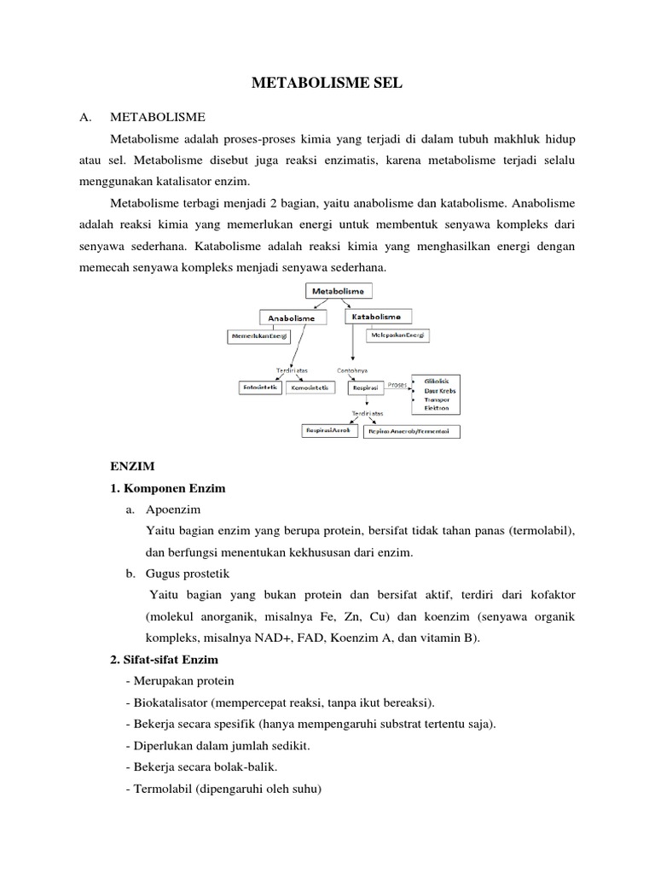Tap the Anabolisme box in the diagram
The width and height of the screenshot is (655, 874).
pyautogui.click(x=292, y=318)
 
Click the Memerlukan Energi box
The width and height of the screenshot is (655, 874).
pyautogui.click(x=258, y=336)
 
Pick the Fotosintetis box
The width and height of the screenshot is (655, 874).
pyautogui.click(x=258, y=387)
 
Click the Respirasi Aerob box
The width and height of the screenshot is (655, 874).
pyautogui.click(x=327, y=431)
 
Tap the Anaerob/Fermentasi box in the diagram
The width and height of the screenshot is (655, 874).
pyautogui.click(x=412, y=432)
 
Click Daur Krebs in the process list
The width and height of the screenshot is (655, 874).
pyautogui.click(x=441, y=389)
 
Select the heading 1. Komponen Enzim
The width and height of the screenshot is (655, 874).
pyautogui.click(x=167, y=489)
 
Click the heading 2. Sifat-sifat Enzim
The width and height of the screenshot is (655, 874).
pyautogui.click(x=164, y=660)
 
